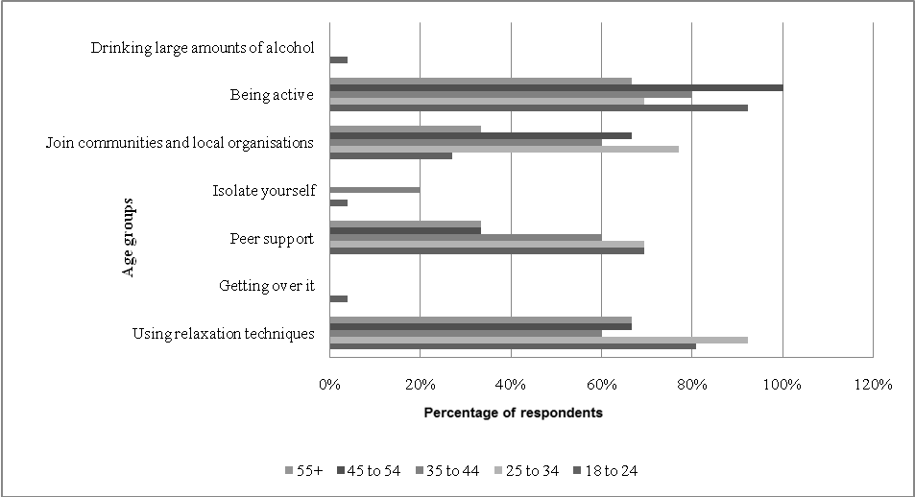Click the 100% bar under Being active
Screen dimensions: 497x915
pos(556,87)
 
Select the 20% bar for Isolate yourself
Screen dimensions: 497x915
pos(374,190)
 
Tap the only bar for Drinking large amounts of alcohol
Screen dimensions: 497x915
pos(338,59)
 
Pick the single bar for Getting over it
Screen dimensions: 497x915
pos(338,298)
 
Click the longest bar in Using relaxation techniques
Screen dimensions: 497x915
pos(539,340)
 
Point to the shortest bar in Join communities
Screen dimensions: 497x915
pos(391,155)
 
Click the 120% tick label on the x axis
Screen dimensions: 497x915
pos(873,385)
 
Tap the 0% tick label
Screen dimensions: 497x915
pos(329,385)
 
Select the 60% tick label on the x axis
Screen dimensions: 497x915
pos(601,385)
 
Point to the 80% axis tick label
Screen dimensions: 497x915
pos(692,385)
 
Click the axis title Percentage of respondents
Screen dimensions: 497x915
pos(513,414)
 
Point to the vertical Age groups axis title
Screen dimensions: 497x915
pos(128,238)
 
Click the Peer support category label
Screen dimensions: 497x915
pos(272,238)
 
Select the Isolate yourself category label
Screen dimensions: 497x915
pos(263,191)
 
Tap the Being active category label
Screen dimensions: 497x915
pos(272,95)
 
